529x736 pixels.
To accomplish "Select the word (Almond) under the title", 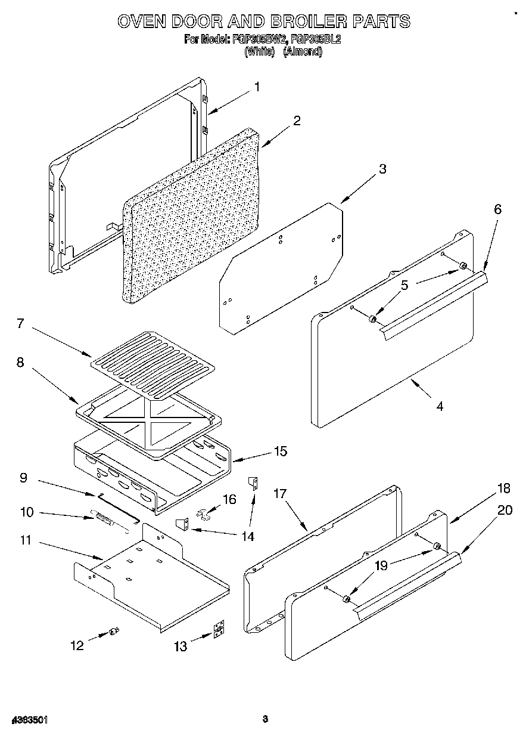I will click(302, 51).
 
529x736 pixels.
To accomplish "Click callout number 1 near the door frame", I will click(257, 87).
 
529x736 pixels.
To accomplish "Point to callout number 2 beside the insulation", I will click(296, 120).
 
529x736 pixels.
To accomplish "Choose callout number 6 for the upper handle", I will click(497, 209).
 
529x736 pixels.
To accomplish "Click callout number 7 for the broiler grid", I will click(20, 323).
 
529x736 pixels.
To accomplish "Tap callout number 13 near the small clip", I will click(181, 646).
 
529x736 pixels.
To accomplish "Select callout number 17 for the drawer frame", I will click(280, 493).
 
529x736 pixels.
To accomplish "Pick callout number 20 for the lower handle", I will click(504, 510).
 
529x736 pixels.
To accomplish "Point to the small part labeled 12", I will click(113, 632).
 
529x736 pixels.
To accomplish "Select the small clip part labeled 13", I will click(219, 631).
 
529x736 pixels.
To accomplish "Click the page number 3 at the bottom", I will click(266, 719).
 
